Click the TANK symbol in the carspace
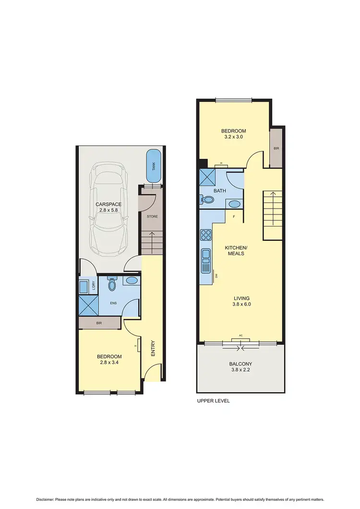pyautogui.click(x=154, y=166)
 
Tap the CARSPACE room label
pyautogui.click(x=108, y=204)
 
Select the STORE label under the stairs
pyautogui.click(x=152, y=216)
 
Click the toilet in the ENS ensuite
pyautogui.click(x=112, y=285)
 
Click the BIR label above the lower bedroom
pyautogui.click(x=99, y=323)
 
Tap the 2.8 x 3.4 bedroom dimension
pyautogui.click(x=109, y=363)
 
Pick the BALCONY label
pyautogui.click(x=240, y=364)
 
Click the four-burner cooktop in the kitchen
pyautogui.click(x=205, y=235)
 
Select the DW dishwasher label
pyautogui.click(x=217, y=276)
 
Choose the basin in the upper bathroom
pyautogui.click(x=234, y=204)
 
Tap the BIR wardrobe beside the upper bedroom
pyautogui.click(x=276, y=148)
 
